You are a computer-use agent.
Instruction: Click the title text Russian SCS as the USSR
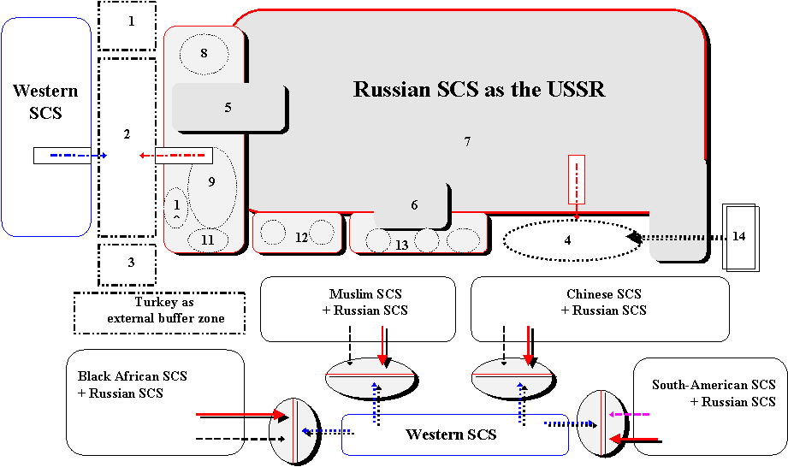pos(479,90)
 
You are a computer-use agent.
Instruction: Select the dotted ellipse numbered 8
pos(204,55)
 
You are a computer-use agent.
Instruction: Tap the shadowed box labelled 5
pos(228,108)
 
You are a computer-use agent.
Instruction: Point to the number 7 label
pos(467,142)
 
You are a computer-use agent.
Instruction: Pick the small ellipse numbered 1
pos(175,208)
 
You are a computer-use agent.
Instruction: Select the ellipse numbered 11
pos(208,240)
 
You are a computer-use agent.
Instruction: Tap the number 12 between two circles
pos(301,238)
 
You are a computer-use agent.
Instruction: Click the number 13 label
pos(402,245)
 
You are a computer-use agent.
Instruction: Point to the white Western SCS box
pos(451,435)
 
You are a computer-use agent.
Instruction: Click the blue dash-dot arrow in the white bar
pos(77,156)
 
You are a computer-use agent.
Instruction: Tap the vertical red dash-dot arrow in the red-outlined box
pos(577,184)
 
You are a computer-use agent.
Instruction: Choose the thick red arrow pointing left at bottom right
pos(633,439)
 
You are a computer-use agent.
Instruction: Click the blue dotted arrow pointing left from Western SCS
pos(323,431)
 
